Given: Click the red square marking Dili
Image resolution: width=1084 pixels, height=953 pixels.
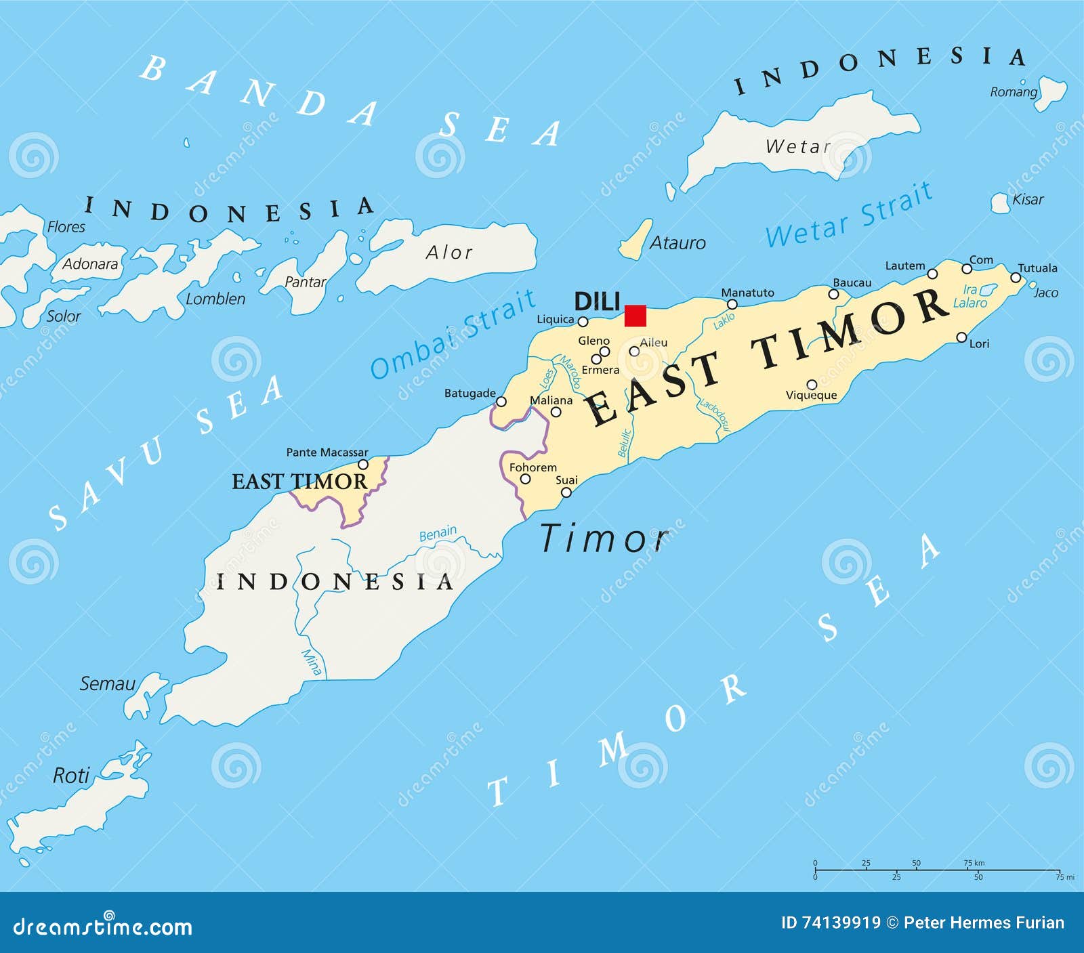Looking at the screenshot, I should pos(635,316).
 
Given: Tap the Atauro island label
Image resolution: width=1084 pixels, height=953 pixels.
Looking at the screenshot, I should pos(677,242).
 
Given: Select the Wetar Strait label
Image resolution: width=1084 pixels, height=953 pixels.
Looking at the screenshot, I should pos(849,215).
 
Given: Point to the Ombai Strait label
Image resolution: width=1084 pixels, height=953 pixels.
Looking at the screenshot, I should pos(453,333).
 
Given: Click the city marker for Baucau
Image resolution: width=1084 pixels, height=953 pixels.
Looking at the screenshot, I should pos(834,294).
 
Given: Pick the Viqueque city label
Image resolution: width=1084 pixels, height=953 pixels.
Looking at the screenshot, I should pos(811,396).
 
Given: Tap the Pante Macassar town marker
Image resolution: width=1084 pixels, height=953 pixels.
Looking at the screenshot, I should pos(363,465).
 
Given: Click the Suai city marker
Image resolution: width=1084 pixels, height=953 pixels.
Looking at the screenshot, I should pos(566,492).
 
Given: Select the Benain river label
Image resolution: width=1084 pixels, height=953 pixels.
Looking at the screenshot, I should pos(438,534).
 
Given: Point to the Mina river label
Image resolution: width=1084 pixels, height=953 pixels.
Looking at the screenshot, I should pos(311,662).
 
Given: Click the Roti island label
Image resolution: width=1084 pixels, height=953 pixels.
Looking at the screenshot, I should pos(71,775).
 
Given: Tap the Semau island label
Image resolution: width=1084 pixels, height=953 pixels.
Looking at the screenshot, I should pos(107,683).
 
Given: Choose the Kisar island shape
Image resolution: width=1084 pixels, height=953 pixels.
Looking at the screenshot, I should pos(1000,203).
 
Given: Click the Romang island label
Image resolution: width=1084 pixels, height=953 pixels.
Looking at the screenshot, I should pos(1013,92).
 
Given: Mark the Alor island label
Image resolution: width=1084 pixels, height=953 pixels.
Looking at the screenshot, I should pos(449,253).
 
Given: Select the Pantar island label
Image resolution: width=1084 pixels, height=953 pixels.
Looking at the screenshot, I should pos(305,282).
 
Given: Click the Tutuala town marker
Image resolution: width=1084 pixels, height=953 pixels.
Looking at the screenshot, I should pos(1016,278).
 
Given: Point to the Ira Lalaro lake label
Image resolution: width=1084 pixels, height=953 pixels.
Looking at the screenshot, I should pos(970,297).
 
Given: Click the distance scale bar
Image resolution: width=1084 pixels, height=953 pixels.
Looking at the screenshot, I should pos(937,870).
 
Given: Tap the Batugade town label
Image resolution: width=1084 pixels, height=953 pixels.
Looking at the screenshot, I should pos(470,393).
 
